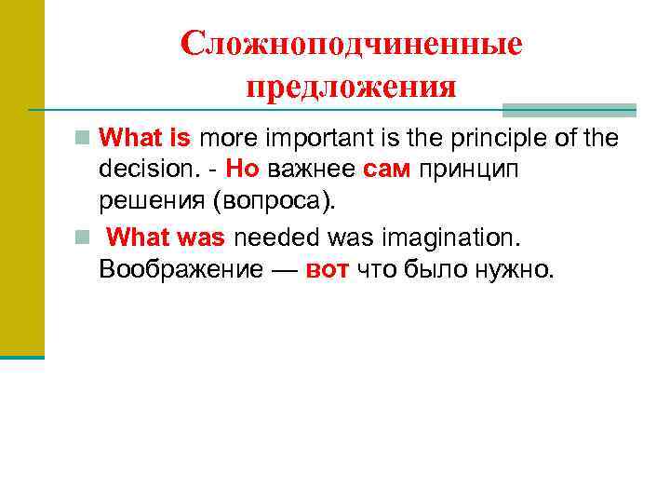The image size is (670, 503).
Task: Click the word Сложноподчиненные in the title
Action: pyautogui.click(x=351, y=44)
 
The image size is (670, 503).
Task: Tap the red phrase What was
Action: pyautogui.click(x=167, y=238)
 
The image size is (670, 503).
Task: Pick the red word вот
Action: pyautogui.click(x=325, y=270)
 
